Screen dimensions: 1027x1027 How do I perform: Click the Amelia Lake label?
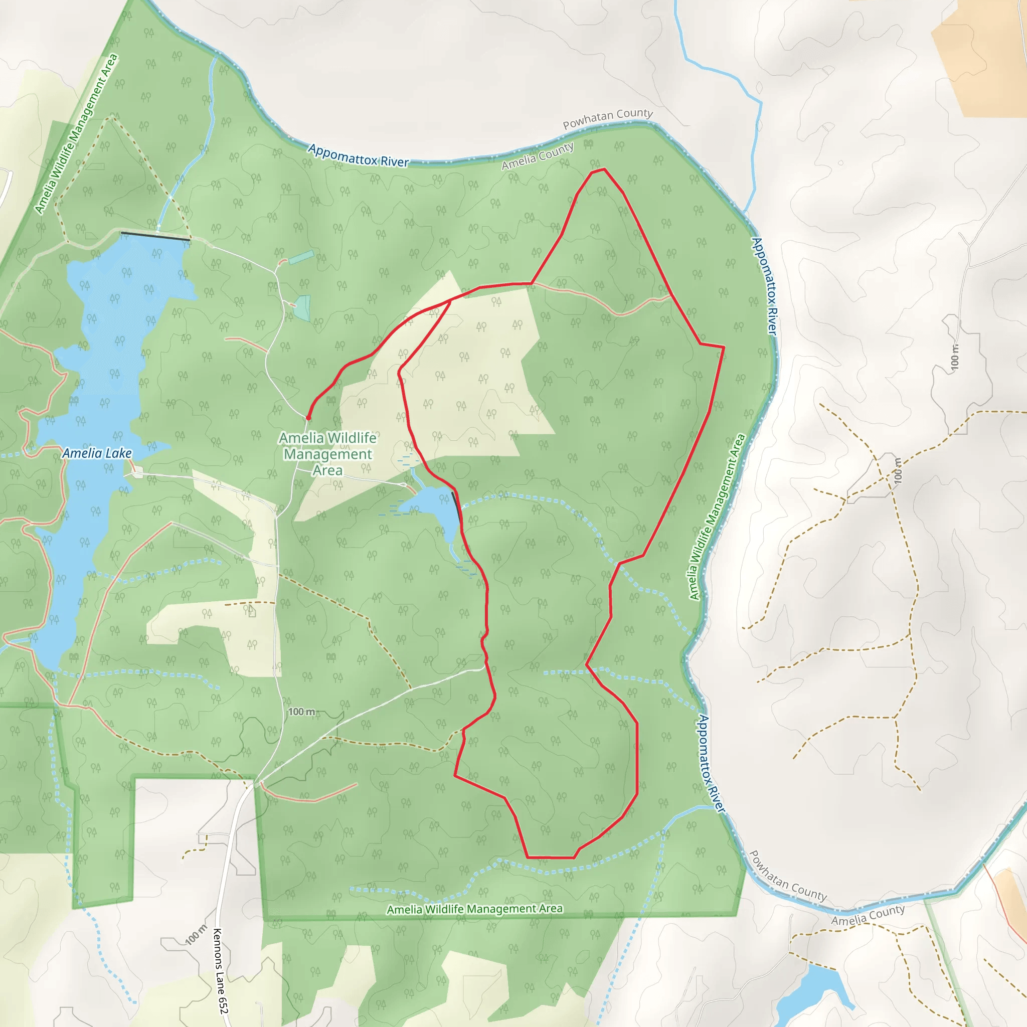tap(97, 453)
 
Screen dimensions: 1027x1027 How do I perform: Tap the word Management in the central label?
tap(327, 454)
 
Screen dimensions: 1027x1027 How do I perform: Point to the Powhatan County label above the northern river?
tap(608, 118)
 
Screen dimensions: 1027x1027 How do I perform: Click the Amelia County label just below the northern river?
tap(538, 156)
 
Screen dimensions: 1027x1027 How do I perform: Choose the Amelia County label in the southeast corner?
tap(868, 915)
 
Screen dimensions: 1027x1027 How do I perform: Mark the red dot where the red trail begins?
tap(308, 418)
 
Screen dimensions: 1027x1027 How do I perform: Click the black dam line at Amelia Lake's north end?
tap(155, 236)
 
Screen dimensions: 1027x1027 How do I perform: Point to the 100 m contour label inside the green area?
tap(301, 712)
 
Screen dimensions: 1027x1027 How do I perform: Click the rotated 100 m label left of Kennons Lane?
tap(196, 935)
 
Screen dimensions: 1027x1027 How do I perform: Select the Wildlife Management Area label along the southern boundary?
tap(474, 909)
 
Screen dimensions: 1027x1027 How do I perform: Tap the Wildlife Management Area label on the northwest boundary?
tap(76, 134)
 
